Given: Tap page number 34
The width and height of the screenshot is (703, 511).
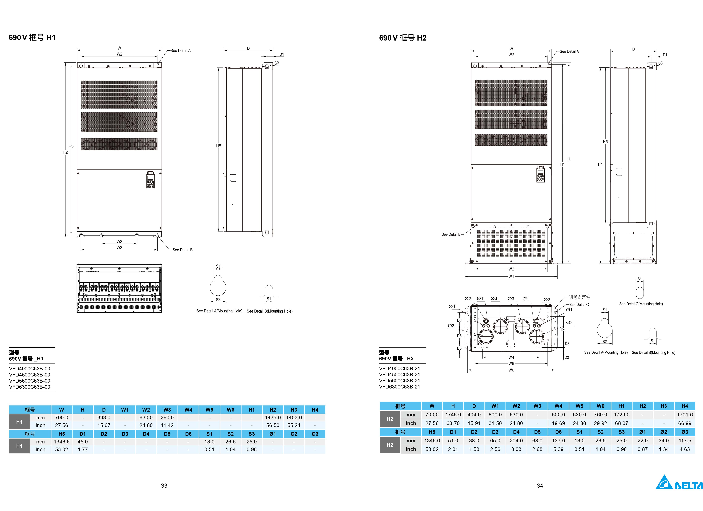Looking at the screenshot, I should (x=540, y=485).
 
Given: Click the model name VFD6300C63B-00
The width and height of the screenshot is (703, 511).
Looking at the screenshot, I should (x=29, y=387).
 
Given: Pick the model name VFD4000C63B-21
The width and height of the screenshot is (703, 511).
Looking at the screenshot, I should (x=400, y=368).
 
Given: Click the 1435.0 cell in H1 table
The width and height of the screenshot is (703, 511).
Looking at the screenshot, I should (x=272, y=417).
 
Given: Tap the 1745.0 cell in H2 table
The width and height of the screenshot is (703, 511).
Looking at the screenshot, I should (x=453, y=414).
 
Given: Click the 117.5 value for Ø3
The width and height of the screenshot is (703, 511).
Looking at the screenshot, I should (x=684, y=441).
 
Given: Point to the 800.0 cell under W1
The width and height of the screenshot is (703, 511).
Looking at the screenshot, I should (x=495, y=414).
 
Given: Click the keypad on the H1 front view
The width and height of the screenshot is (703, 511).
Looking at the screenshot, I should (x=150, y=180).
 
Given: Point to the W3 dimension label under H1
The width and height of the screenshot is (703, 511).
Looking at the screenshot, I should (x=119, y=242).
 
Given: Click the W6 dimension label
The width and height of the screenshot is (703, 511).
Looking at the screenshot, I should (x=511, y=370).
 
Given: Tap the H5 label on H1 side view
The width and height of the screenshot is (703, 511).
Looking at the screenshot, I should (x=219, y=146).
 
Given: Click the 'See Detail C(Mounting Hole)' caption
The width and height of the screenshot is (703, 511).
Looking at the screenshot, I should (x=641, y=304).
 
